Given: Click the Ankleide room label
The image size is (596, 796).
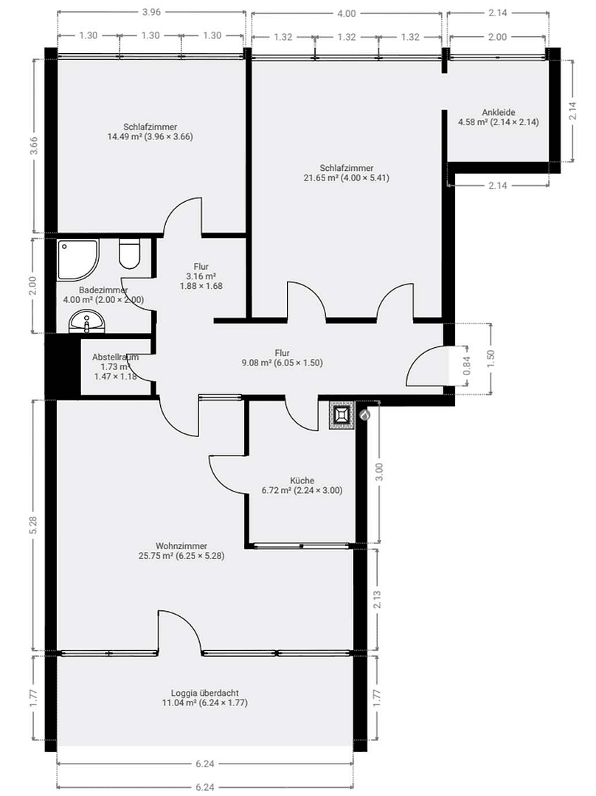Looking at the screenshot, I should tap(498, 112).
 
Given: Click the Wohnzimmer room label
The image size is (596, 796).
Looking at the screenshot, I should tap(181, 546).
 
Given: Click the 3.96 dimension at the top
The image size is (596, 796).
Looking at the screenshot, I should tap(150, 13).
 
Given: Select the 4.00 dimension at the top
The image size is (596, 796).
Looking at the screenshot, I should tap(346, 13).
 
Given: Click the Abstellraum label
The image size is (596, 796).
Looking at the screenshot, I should tap(114, 357).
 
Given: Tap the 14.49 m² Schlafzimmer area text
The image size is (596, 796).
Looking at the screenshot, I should tap(150, 136).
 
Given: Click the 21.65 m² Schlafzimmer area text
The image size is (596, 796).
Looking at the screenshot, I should tap(346, 177).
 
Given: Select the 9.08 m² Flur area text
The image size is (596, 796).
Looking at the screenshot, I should tap(283, 363).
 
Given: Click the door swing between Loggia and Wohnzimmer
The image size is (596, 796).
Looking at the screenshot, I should tap(179, 632).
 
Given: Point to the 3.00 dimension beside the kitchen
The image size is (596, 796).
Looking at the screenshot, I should tap(379, 472).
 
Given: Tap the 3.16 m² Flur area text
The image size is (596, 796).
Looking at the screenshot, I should tap(201, 276).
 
